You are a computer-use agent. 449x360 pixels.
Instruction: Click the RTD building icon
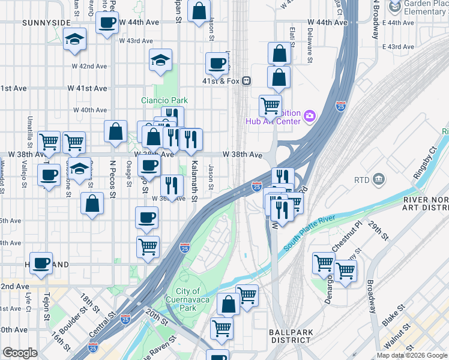click(x=379, y=178)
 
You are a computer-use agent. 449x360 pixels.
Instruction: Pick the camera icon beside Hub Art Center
click(x=310, y=115)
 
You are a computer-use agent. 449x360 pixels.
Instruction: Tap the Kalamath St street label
click(x=194, y=173)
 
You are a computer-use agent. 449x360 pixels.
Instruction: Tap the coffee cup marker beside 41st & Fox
click(x=217, y=62)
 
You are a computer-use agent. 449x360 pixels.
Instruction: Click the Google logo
click(x=20, y=353)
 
